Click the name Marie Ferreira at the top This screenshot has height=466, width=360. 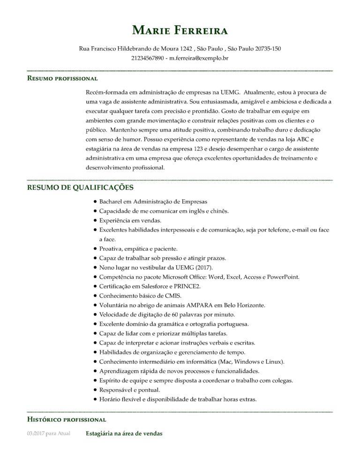pos(180,31)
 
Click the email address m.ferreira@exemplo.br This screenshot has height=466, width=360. pos(199,58)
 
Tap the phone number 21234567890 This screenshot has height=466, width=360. pos(148,58)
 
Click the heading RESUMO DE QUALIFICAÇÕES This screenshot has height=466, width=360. pos(81,188)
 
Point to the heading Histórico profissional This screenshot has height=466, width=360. pos(67,419)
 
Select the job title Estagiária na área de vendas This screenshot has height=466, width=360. pos(124,434)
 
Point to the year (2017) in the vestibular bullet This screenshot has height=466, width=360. pos(204,267)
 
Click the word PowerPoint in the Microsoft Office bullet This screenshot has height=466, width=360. pos(282,277)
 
